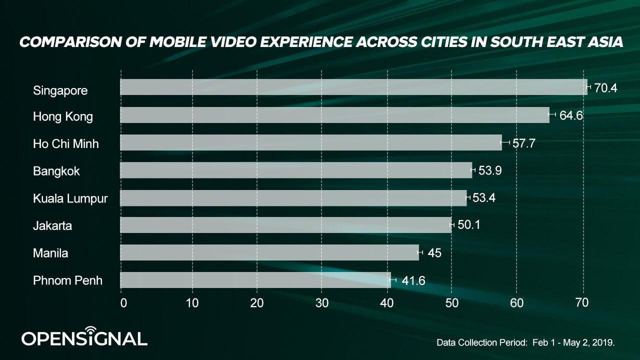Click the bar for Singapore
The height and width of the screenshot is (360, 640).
353,87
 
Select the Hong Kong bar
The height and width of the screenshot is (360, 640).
334,115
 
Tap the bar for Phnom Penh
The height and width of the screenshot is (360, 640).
255,280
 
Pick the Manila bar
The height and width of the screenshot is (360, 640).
269,252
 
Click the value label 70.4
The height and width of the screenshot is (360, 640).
606,88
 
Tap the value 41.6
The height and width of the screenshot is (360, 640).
413,280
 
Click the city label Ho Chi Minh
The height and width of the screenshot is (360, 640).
66,144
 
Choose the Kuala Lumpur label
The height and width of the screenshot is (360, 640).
70,198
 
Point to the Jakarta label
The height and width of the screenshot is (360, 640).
52,225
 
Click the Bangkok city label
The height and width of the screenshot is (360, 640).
56,171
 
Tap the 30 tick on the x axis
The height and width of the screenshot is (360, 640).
322,302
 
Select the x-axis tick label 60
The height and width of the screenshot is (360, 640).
516,302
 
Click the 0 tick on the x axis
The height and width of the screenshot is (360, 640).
123,302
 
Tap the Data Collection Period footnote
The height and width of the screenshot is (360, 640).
525,342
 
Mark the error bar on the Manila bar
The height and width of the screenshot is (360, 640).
420,252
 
